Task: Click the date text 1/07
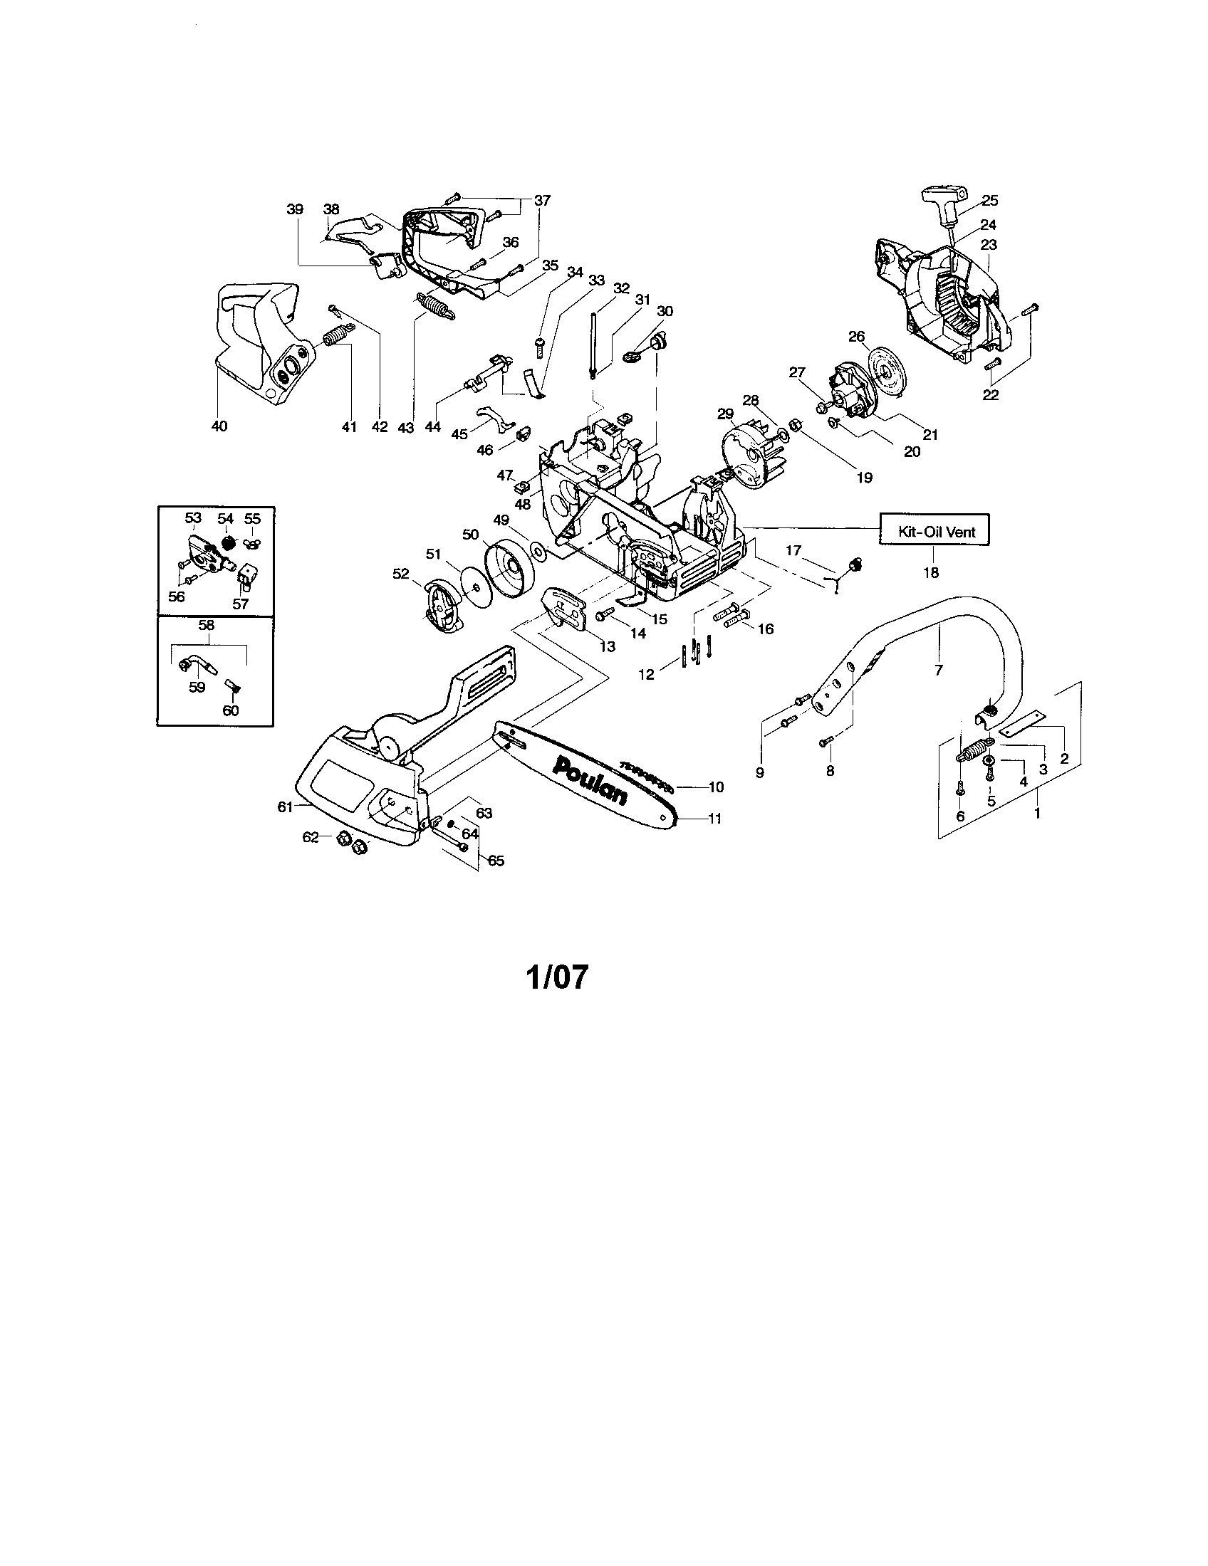(x=558, y=977)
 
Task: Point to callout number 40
(x=219, y=426)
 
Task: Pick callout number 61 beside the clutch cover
(x=286, y=806)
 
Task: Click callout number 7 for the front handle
(x=938, y=670)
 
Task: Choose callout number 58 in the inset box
(x=207, y=624)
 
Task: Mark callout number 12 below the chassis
(x=647, y=674)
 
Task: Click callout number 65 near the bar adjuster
(x=496, y=861)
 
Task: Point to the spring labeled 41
(x=335, y=335)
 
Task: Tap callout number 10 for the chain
(x=716, y=787)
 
